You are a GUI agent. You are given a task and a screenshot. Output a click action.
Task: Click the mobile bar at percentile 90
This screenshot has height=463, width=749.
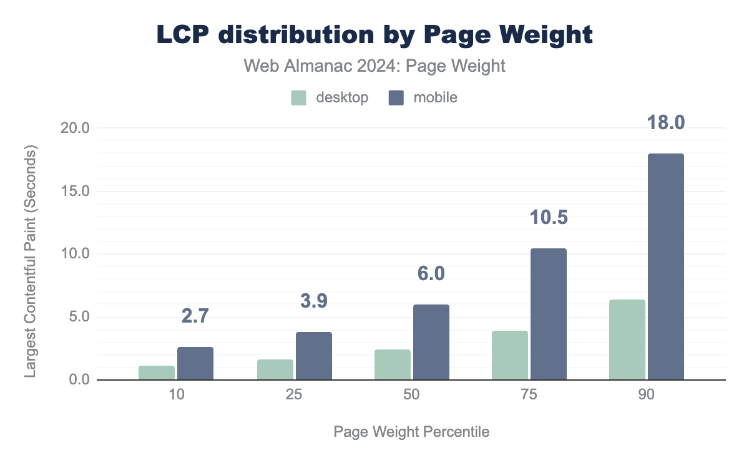click(x=665, y=267)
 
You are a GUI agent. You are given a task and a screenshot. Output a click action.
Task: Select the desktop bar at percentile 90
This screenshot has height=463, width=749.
click(x=627, y=340)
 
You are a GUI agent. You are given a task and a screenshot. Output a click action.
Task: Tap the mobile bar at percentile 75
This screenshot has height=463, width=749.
click(x=548, y=314)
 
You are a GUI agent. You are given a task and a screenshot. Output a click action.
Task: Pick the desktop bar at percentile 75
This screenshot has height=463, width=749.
click(x=509, y=356)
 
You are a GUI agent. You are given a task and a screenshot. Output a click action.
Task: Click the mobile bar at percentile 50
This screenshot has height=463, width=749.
click(x=431, y=343)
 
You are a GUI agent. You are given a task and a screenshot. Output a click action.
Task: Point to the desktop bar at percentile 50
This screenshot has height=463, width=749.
click(x=392, y=365)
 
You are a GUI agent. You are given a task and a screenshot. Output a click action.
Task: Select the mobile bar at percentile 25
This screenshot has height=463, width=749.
click(x=313, y=356)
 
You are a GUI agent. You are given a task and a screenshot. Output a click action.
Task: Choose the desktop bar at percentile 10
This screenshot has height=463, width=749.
click(x=157, y=373)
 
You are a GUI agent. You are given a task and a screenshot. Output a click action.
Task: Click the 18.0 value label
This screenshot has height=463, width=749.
click(x=665, y=122)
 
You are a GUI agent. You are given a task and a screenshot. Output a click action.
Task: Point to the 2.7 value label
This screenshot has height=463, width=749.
click(x=195, y=316)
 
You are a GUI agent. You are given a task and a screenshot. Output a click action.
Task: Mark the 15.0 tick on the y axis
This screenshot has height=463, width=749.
click(x=77, y=192)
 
